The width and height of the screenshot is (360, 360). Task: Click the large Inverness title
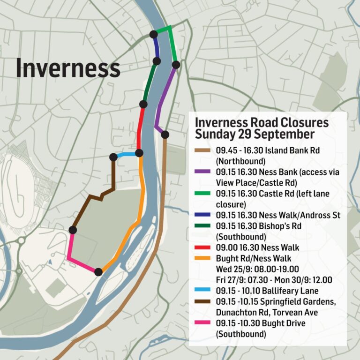tap(68, 68)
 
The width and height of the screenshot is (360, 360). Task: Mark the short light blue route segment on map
tap(126, 155)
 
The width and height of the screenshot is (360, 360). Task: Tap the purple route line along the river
tap(164, 94)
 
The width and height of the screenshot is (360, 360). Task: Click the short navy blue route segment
tap(155, 47)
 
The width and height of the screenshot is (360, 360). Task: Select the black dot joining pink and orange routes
tap(98, 271)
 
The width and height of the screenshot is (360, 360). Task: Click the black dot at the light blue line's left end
tap(113, 157)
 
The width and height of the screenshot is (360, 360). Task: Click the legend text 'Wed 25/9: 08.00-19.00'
tap(257, 269)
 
